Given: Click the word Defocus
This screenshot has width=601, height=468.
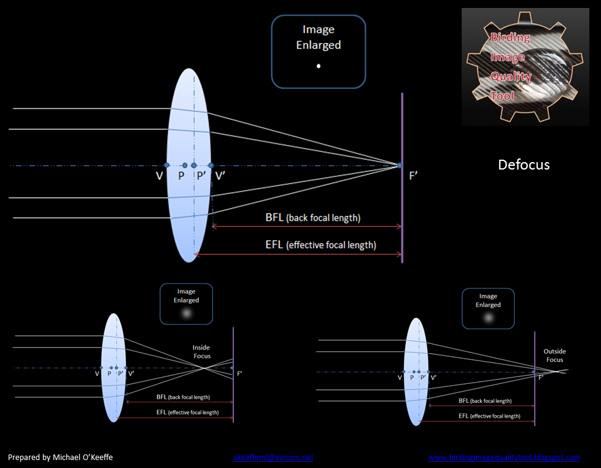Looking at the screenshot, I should pos(524,165).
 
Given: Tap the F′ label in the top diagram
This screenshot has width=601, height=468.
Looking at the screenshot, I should pos(414,176).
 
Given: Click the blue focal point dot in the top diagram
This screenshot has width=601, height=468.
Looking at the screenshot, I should pos(400,165).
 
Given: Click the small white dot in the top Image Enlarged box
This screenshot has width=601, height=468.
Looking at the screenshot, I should pos(318,66).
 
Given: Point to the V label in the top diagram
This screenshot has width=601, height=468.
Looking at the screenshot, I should pos(159,176).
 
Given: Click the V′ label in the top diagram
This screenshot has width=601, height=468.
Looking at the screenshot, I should pos(220,176).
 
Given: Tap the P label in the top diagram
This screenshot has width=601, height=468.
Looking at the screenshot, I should pos(180,176).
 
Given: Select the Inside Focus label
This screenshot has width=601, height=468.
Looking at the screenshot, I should pos(201,352).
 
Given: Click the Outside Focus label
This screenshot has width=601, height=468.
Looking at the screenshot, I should pos(554,356).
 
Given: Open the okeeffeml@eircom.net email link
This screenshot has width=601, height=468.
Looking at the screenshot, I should pos(273,458).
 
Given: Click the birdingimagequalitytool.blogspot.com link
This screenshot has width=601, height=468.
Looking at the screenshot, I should pos(504,458).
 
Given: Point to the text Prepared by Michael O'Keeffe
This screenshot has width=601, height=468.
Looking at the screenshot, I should pos(60,458).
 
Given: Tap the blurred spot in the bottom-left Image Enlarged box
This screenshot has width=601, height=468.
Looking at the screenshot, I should pos(187,314).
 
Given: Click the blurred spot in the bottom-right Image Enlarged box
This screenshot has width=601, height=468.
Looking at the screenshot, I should pos(488,318).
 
